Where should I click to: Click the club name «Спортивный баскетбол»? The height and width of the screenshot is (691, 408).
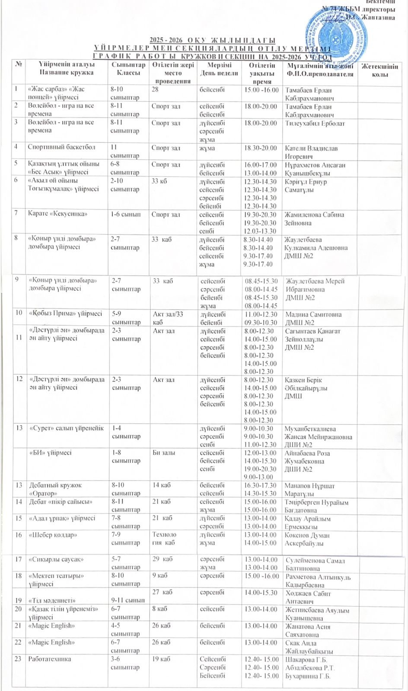(61, 147)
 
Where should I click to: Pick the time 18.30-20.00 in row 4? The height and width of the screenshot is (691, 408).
(261, 148)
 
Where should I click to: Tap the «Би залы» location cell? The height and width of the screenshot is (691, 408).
(164, 453)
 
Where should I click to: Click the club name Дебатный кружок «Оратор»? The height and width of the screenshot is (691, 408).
(55, 489)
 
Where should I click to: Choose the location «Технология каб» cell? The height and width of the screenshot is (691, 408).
(164, 538)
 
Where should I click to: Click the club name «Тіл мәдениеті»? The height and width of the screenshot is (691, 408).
(52, 600)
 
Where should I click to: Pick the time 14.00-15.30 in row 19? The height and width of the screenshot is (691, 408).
(261, 593)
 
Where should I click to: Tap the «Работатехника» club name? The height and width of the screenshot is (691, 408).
(50, 659)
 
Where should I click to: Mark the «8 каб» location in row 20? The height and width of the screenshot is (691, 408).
(159, 609)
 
